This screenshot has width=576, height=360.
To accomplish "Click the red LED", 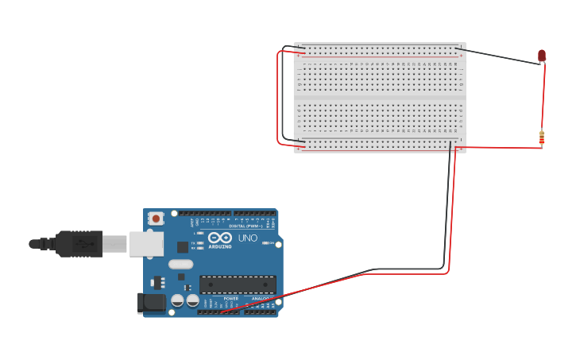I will [x=542, y=56].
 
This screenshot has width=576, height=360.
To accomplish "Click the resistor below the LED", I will [x=542, y=138].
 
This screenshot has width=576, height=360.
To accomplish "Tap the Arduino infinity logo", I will [x=219, y=238].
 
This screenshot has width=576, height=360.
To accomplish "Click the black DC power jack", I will [x=150, y=302].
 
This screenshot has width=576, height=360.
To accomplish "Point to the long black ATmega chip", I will [x=238, y=284].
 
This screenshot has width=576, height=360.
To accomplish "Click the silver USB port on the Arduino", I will [x=146, y=243].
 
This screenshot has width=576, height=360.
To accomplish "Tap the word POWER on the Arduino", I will [x=230, y=299].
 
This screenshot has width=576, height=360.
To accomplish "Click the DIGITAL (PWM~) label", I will [x=243, y=226].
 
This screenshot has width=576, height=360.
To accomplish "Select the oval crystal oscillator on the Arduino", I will [x=180, y=264].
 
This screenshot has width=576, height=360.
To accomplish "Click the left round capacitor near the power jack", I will [x=177, y=300].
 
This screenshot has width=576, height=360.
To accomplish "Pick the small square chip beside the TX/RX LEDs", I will [x=183, y=246].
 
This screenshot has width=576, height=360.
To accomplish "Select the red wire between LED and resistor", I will [x=544, y=95].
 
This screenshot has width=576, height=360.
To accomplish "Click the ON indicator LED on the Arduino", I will [x=270, y=242].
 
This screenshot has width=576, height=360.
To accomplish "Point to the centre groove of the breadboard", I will [x=380, y=98].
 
